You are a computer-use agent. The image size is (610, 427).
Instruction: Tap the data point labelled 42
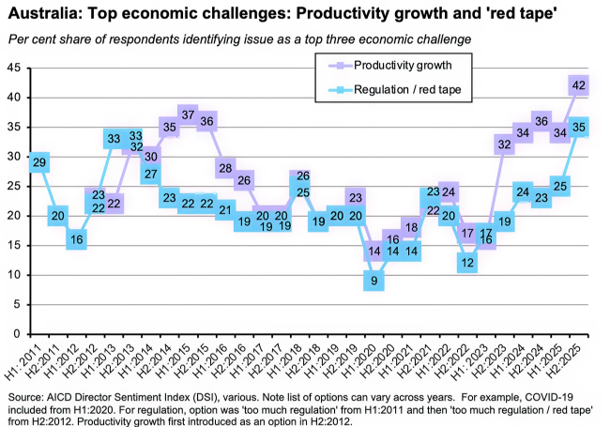click(579, 85)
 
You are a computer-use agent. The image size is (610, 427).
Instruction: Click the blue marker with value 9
click(374, 280)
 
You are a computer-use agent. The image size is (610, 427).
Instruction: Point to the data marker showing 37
click(188, 115)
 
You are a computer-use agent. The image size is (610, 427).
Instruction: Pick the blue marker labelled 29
click(38, 162)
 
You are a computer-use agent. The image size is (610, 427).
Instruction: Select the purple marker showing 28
click(224, 169)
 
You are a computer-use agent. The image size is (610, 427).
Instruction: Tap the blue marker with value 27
click(151, 175)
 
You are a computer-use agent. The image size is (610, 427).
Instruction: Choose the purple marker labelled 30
click(151, 156)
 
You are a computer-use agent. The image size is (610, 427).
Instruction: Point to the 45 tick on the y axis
click(15, 69)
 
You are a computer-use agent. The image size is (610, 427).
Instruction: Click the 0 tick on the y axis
click(19, 334)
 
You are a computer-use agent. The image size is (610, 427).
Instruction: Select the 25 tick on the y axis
click(15, 187)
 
